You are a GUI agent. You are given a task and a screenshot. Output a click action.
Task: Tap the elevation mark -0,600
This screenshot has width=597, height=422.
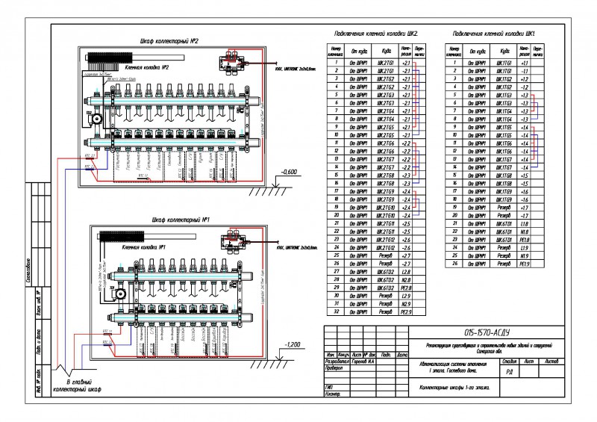(x=290, y=173)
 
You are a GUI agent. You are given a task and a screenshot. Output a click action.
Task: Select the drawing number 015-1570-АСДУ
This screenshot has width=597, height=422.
(x=487, y=332)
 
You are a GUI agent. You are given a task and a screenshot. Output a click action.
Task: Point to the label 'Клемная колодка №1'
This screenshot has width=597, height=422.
(x=143, y=246)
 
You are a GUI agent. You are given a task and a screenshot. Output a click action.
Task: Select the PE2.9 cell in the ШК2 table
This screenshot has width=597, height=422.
(x=407, y=312)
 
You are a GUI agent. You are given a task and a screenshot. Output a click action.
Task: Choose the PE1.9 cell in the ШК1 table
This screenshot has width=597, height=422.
(x=525, y=264)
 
